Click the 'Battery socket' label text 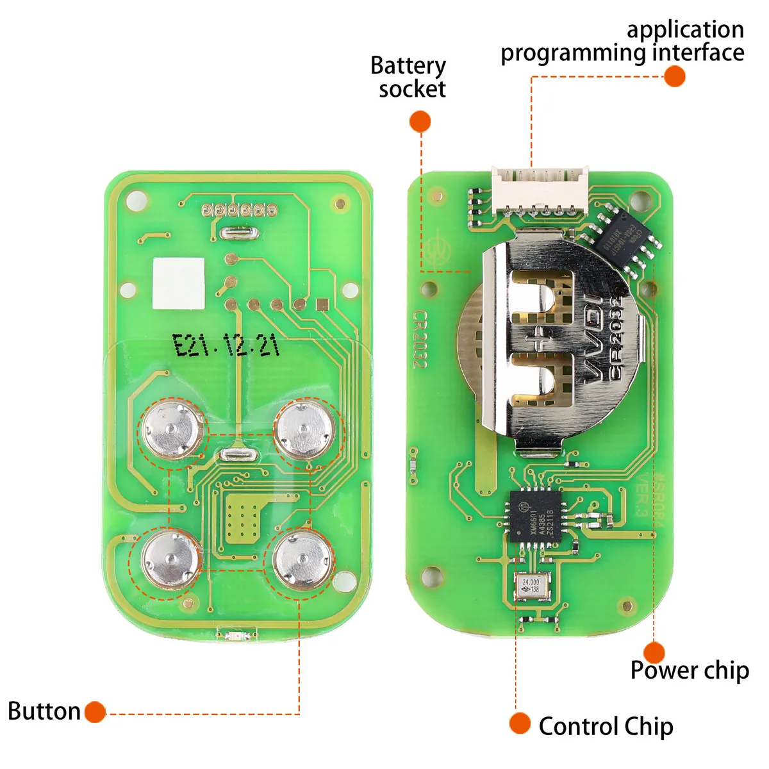click(x=409, y=77)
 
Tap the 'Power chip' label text click(x=690, y=670)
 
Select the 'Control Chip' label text click(x=606, y=726)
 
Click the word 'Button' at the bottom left click(x=44, y=711)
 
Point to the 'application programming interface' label click(x=622, y=41)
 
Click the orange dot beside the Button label click(x=95, y=712)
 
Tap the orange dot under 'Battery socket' click(x=420, y=121)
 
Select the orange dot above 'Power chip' click(x=654, y=652)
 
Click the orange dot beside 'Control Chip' click(x=520, y=724)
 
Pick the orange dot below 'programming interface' click(x=674, y=76)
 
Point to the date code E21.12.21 click(x=227, y=346)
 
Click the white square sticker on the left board click(x=179, y=284)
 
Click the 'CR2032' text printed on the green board click(x=419, y=339)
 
